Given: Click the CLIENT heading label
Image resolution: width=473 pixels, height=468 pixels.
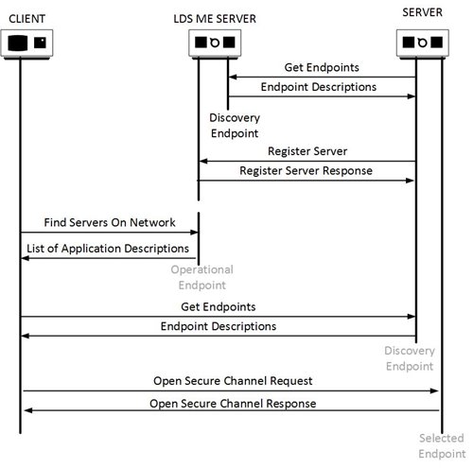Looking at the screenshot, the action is [26, 19].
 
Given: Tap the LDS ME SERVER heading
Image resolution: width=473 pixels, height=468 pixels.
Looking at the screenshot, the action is [215, 19].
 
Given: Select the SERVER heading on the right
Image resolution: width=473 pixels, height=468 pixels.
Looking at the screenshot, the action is [422, 12].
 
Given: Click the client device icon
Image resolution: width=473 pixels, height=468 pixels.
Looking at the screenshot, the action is [26, 43].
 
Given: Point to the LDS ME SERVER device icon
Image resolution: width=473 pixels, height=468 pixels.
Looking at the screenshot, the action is [215, 43].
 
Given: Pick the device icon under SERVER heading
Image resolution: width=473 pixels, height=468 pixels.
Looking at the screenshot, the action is [423, 43].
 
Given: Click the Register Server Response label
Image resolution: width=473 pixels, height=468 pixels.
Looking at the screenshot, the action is [306, 171].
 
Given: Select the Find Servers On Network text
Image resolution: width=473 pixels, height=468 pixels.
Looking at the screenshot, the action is [110, 222].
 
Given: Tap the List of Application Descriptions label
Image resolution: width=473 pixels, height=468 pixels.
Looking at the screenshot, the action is [108, 249].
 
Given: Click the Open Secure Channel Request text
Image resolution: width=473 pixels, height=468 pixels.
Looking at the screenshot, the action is [233, 381].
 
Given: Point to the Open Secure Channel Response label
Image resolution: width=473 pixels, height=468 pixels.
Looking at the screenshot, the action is [233, 404].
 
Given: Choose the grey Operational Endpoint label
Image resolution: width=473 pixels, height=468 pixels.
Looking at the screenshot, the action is [202, 277].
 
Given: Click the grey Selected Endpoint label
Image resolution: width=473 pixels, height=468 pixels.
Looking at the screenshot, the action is [442, 446].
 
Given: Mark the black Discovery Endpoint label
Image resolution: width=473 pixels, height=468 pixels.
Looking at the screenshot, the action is [235, 126].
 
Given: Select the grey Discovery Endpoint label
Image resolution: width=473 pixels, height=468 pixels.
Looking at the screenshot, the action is [410, 358].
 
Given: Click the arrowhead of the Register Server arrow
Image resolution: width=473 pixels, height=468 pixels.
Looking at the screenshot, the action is [203, 161].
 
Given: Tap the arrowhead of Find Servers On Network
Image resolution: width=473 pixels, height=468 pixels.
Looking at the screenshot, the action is [194, 233].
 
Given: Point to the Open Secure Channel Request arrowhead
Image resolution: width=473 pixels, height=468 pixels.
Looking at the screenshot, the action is [434, 390].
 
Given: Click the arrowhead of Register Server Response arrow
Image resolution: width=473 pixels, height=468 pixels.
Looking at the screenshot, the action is [410, 181].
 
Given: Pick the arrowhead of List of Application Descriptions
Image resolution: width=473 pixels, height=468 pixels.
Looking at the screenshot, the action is [25, 258].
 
